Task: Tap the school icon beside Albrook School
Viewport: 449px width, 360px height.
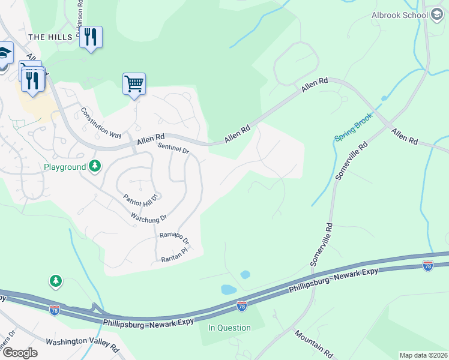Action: pyautogui.click(x=437, y=15)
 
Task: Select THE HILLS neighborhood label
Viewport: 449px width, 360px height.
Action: pyautogui.click(x=50, y=37)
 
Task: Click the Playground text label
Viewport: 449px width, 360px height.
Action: pyautogui.click(x=64, y=167)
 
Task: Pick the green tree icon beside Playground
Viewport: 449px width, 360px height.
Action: pyautogui.click(x=94, y=166)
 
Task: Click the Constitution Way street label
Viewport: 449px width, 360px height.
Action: pyautogui.click(x=101, y=122)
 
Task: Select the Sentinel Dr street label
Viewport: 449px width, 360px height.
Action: pyautogui.click(x=173, y=148)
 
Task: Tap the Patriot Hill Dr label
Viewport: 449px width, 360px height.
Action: pyautogui.click(x=140, y=197)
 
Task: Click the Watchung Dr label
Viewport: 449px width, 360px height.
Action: pyautogui.click(x=148, y=216)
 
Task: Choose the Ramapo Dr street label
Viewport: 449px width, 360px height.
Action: pyautogui.click(x=175, y=238)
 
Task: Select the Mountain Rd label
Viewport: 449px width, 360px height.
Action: pyautogui.click(x=313, y=344)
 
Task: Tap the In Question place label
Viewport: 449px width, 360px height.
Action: pyautogui.click(x=229, y=328)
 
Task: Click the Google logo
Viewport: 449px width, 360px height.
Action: pyautogui.click(x=20, y=353)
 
